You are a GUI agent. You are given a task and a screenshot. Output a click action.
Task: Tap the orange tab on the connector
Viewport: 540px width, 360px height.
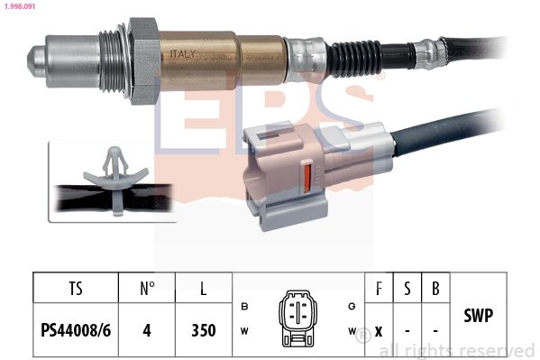pyautogui.click(x=307, y=175)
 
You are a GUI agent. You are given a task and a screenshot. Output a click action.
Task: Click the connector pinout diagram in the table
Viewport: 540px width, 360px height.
pyautogui.click(x=298, y=318)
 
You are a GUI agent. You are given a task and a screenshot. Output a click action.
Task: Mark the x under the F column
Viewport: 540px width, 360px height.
pyautogui.click(x=379, y=330)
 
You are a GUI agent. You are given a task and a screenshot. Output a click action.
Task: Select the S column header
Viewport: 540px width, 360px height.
pyautogui.click(x=407, y=290)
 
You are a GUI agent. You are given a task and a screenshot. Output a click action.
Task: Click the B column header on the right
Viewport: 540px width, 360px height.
pyautogui.click(x=435, y=290)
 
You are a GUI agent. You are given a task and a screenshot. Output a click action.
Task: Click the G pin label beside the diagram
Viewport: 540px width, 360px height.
pyautogui.click(x=351, y=306)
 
